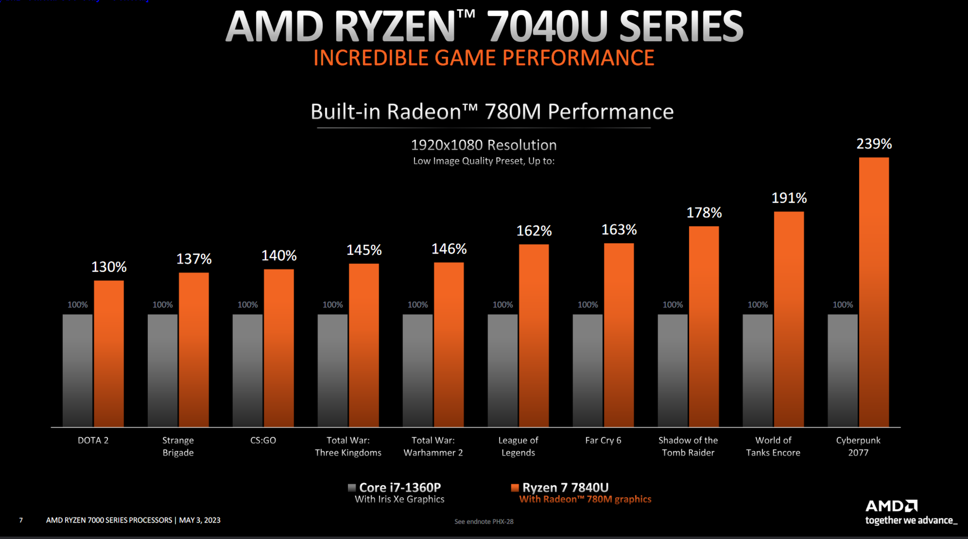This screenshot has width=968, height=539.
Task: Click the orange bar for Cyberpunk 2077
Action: pos(874,292)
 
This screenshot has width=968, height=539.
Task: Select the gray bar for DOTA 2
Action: pos(78,370)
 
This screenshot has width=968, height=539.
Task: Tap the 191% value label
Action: pos(789,198)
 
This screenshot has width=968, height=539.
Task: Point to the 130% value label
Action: pos(109,267)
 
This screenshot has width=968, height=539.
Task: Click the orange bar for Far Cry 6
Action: pos(619,335)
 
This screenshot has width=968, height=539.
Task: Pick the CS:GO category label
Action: pos(263,440)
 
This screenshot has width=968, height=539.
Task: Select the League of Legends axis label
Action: pos(518,446)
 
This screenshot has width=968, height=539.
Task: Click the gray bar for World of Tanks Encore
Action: pos(757,370)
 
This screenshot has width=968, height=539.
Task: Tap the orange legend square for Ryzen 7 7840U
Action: pos(515,488)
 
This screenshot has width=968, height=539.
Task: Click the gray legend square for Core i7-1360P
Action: pos(352,488)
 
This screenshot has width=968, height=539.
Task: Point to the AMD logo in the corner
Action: pos(891,506)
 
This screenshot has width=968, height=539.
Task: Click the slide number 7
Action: pos(21,520)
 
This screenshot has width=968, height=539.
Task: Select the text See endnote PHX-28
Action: pos(483,521)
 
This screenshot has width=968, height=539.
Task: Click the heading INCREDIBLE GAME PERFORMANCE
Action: pos(483,58)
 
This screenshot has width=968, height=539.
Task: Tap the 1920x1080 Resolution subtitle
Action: pos(483,145)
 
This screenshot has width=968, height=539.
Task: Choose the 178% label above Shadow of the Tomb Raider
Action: pos(704,213)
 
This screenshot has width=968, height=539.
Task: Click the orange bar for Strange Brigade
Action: pos(194,350)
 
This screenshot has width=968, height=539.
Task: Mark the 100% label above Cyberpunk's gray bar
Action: pos(842,305)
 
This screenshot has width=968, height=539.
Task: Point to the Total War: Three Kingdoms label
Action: pos(348,446)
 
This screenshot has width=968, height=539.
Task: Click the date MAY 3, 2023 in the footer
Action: pos(200,520)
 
